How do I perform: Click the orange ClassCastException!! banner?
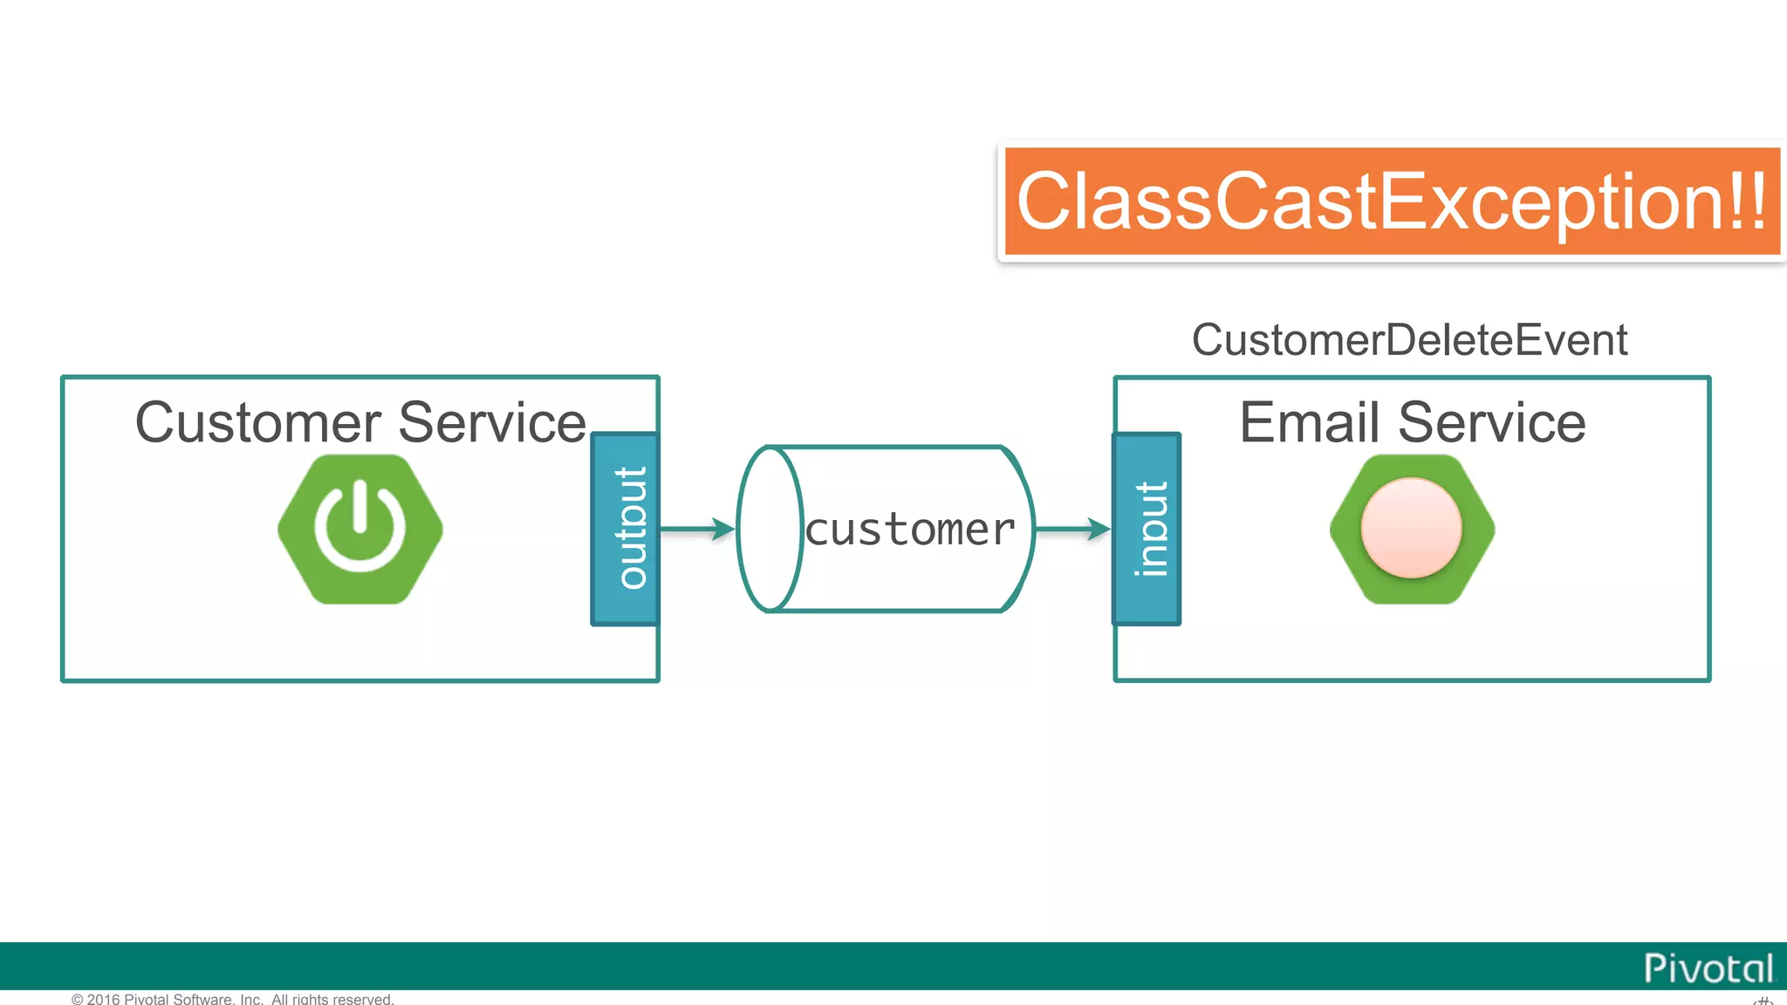tap(1391, 202)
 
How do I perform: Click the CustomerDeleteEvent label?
tap(1409, 340)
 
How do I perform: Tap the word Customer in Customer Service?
tap(257, 423)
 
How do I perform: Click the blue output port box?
tap(625, 529)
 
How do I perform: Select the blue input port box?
tap(1147, 529)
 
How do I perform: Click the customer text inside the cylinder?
tap(909, 530)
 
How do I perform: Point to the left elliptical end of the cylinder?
tap(769, 529)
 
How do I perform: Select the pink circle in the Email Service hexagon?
tap(1411, 528)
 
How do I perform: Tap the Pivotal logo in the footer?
tap(1708, 968)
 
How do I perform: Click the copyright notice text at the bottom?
tap(233, 999)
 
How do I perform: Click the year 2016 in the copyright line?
tap(104, 999)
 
